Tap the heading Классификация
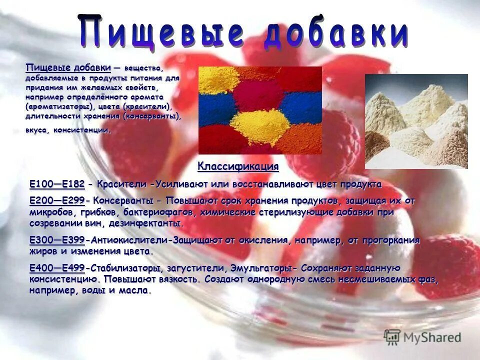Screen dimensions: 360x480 [x=238, y=166]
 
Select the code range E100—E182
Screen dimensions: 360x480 [x=57, y=184]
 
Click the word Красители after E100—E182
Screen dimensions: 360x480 [x=122, y=184]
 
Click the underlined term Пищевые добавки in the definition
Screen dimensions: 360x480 [x=68, y=68]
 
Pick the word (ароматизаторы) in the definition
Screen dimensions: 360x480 [x=58, y=107]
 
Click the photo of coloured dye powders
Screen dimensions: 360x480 [x=260, y=110]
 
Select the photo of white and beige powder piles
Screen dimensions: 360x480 [x=416, y=121]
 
